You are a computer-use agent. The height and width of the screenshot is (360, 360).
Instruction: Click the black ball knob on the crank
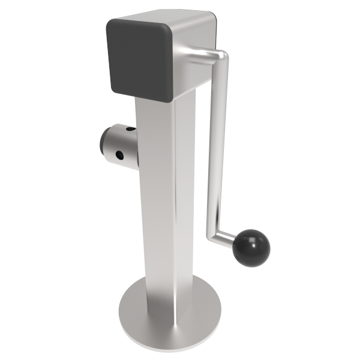tap(252, 247)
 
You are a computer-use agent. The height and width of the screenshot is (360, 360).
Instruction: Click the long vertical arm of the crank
tap(217, 144)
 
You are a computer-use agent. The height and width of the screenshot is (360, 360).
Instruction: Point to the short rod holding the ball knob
tap(228, 238)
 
